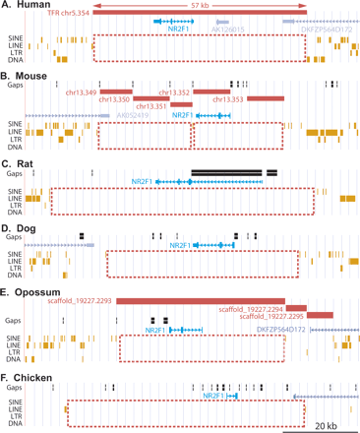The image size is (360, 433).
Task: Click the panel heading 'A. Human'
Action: [30, 6]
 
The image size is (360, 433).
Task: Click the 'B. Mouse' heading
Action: [30, 75]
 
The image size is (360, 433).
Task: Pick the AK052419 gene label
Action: [134, 114]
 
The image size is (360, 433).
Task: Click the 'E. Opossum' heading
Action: [34, 291]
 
